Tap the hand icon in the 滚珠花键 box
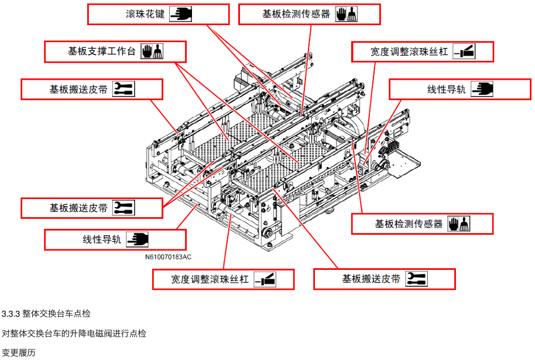181,14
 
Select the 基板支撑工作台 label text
102,52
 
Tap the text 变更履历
19,352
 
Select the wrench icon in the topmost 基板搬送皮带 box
124,90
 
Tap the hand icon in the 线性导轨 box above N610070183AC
138,239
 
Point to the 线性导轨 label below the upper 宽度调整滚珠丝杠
447,90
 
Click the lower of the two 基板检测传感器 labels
409,224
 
